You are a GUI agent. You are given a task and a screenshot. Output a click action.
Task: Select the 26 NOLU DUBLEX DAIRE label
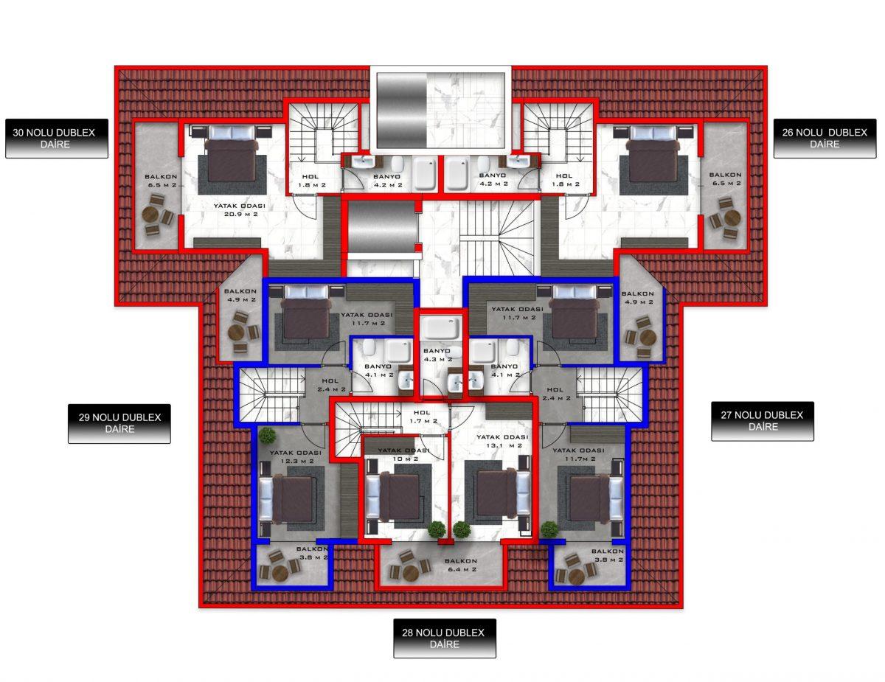pos(825,139)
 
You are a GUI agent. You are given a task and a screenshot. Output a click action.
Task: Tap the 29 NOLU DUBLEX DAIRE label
pos(119,423)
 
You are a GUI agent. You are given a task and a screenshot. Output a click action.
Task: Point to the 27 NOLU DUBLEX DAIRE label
pos(763,421)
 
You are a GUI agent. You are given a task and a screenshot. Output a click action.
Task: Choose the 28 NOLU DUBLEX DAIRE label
pos(444,638)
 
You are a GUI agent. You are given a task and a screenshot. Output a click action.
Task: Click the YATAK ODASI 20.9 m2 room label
pos(240,209)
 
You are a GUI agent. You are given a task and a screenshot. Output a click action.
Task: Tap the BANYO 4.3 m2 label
pos(437,355)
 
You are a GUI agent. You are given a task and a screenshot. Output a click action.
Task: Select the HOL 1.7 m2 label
pos(423,417)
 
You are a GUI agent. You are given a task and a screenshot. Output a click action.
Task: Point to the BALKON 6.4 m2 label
pos(461,565)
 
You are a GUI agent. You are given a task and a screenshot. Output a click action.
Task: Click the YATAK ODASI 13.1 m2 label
pos(502,441)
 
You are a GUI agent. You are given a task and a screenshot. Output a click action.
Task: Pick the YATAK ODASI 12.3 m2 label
pos(295,457)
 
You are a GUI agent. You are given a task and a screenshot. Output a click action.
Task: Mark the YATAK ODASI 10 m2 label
pos(403,454)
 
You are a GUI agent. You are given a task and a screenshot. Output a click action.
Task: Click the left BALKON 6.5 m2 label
pos(162,181)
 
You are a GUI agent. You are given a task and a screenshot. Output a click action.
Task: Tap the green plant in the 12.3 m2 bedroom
pos(267,436)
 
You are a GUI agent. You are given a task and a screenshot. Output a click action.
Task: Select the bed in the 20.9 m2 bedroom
pos(232,154)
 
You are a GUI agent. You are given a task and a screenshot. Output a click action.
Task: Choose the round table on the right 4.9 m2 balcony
pos(648,337)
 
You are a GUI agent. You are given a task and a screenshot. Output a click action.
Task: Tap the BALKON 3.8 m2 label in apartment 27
pos(607,555)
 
